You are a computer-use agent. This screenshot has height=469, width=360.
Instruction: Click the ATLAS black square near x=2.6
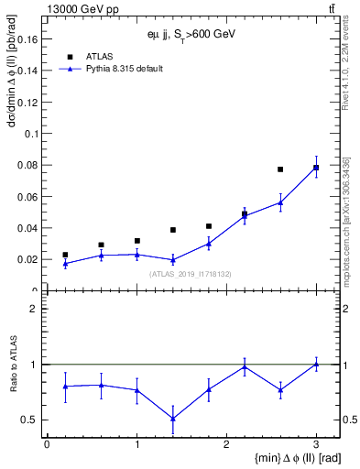point(280,169)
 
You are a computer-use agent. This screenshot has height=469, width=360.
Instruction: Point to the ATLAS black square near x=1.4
point(172,230)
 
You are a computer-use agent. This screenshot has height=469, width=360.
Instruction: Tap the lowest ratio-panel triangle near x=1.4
point(172,419)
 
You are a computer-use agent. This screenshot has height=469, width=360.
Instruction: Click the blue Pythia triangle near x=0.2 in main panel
point(65,264)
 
